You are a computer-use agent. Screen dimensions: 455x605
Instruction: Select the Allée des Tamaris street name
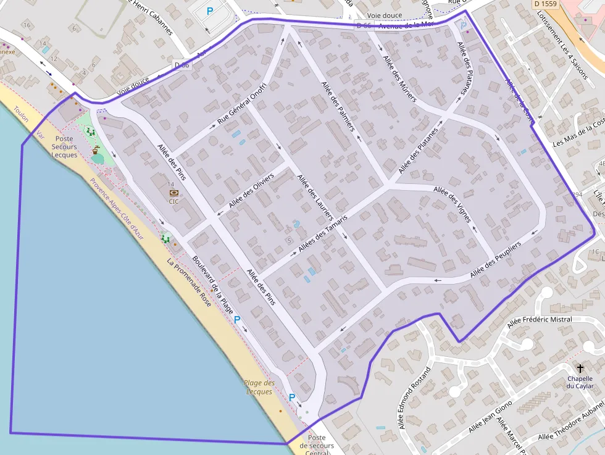(323, 233)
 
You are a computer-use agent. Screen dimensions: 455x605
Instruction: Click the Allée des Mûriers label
(399, 78)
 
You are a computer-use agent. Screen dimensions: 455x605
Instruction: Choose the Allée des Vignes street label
(452, 204)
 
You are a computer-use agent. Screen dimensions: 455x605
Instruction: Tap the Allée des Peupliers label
(495, 259)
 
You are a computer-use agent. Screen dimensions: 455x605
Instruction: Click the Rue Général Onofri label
(241, 104)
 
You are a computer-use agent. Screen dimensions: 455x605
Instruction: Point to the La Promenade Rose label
(189, 282)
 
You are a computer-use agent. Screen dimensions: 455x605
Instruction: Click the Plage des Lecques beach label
(259, 387)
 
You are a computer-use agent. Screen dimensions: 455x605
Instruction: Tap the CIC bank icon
(173, 193)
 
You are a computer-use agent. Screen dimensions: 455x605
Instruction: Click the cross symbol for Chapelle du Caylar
(580, 368)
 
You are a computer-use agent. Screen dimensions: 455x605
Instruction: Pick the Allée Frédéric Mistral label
(539, 320)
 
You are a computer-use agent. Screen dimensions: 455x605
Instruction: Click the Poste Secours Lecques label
(64, 147)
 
